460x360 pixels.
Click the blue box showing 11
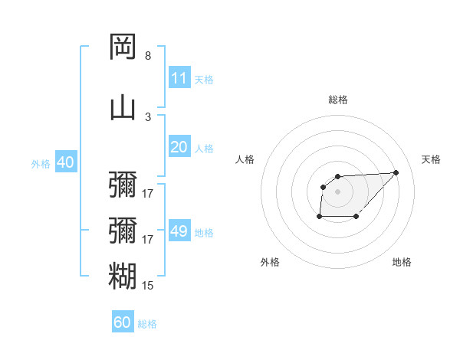(179, 78)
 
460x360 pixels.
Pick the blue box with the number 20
(179, 147)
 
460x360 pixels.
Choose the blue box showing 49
(179, 231)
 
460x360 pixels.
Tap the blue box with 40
(65, 162)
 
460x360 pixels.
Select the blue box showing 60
(123, 322)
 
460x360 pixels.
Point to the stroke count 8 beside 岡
(148, 56)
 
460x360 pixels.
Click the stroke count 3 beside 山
(148, 116)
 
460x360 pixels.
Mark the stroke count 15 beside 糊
(148, 286)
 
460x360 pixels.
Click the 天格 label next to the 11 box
(204, 80)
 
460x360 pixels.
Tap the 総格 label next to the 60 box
(147, 324)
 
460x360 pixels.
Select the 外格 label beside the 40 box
(41, 164)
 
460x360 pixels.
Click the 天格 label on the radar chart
(431, 159)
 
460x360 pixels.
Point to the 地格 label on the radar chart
(402, 262)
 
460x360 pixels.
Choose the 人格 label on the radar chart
(245, 159)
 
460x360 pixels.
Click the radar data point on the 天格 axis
(396, 172)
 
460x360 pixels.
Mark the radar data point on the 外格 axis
(319, 218)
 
